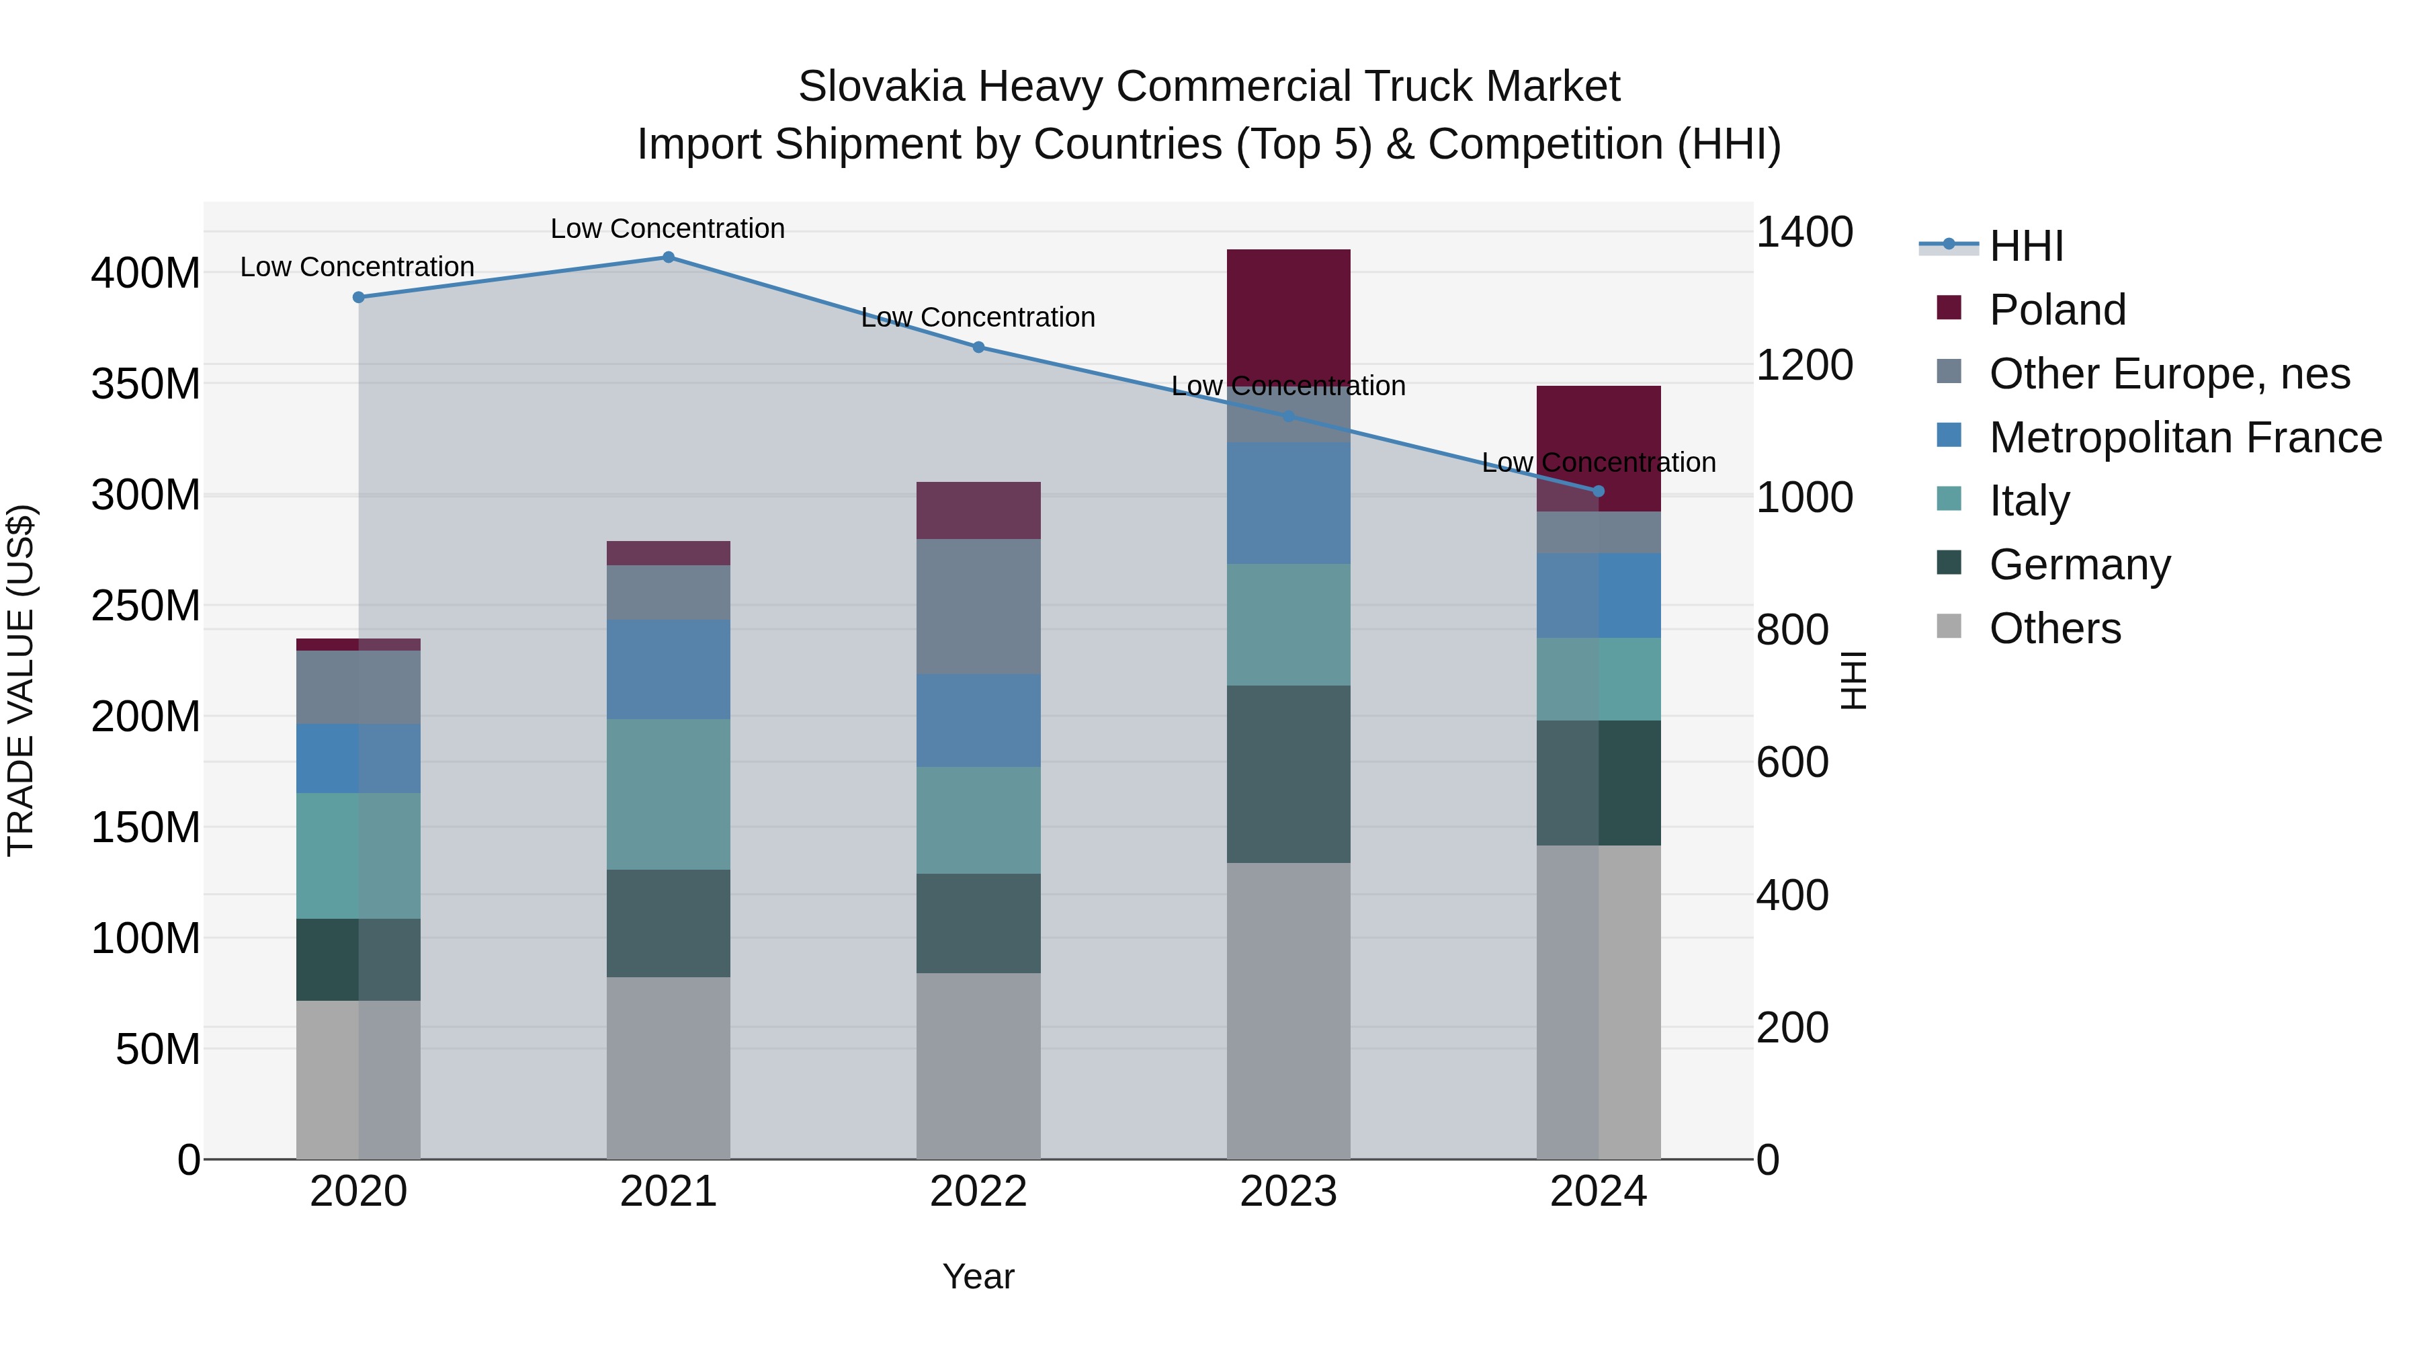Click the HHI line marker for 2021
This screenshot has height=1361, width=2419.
tap(669, 257)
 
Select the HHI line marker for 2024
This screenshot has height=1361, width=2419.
tap(1599, 491)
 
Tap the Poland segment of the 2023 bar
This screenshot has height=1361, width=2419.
tap(1288, 315)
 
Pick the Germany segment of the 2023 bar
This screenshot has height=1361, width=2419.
tap(1288, 774)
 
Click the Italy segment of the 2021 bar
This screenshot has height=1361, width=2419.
tap(669, 794)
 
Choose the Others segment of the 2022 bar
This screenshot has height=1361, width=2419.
tap(978, 1065)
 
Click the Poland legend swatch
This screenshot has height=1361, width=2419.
tap(1949, 308)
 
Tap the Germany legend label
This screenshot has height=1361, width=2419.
tap(2080, 565)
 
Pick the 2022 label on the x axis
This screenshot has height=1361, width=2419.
tap(978, 1192)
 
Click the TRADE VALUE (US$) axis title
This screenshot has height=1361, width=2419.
tap(21, 680)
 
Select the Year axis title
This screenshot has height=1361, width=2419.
tap(978, 1276)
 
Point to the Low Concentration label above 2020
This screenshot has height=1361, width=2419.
tap(357, 267)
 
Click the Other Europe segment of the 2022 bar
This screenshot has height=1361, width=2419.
tap(978, 606)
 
